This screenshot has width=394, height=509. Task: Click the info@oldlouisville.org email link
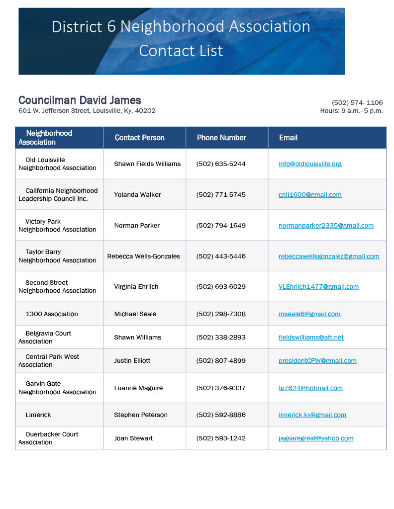(x=310, y=164)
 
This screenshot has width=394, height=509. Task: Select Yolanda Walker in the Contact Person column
(x=137, y=195)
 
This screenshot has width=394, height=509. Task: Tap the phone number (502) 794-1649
(x=221, y=226)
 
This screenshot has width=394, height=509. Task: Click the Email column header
(x=288, y=138)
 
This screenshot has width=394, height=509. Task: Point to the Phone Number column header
(x=221, y=138)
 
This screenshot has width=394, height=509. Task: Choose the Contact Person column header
(x=139, y=138)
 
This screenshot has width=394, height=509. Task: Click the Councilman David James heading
(x=80, y=100)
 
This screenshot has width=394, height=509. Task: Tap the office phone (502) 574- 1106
(x=357, y=103)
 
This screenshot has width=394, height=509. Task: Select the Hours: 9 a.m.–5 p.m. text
(x=351, y=111)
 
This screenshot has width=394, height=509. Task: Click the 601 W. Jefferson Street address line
(x=87, y=111)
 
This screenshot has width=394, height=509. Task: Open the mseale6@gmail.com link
(x=309, y=314)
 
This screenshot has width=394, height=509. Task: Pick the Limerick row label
(x=38, y=415)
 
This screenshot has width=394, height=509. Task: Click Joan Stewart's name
(x=133, y=438)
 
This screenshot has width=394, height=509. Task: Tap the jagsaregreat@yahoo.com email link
(x=316, y=438)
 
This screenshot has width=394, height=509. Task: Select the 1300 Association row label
(x=52, y=314)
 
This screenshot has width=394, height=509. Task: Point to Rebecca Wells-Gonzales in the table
(x=143, y=256)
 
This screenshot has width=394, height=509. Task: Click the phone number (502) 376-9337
(x=221, y=388)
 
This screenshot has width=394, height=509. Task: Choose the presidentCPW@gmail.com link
(x=317, y=361)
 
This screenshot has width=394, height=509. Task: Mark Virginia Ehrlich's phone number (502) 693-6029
(x=221, y=287)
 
